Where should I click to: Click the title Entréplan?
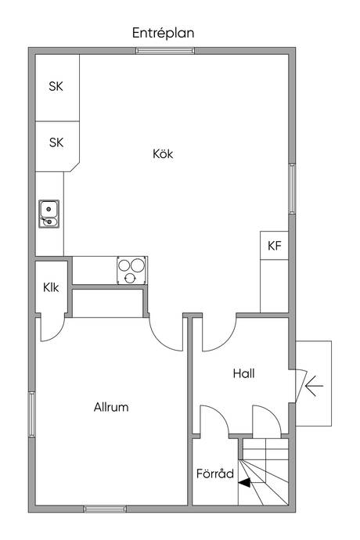(x=163, y=33)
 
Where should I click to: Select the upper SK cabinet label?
(x=56, y=87)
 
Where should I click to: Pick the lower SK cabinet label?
(x=56, y=142)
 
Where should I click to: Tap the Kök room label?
(x=162, y=154)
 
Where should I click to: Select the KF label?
(x=274, y=246)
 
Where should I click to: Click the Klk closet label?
(x=51, y=286)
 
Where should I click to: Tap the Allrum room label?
(x=110, y=407)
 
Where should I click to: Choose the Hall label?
(x=243, y=374)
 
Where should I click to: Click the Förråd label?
(x=214, y=473)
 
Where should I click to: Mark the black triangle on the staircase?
(x=245, y=483)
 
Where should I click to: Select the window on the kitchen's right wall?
(x=292, y=189)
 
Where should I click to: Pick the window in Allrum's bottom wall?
(x=106, y=509)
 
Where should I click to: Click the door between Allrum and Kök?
(x=165, y=333)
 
